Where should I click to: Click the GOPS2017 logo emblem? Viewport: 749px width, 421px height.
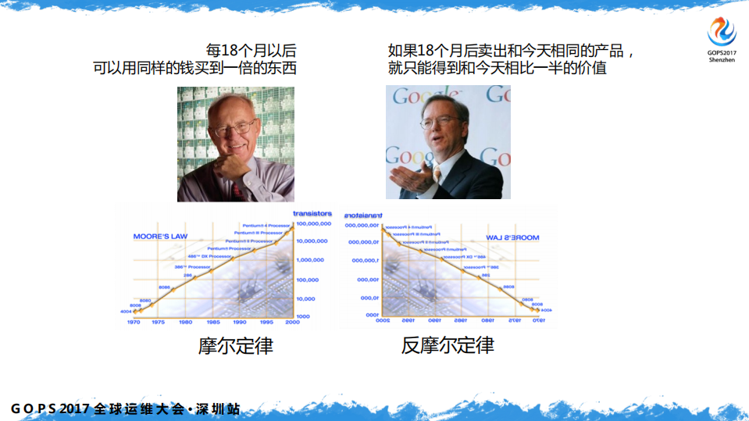pyautogui.click(x=722, y=32)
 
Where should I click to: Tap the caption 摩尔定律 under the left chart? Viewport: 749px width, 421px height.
pyautogui.click(x=235, y=344)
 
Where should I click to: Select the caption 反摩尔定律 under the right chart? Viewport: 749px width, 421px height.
pyautogui.click(x=448, y=344)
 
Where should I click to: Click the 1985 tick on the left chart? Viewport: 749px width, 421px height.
pyautogui.click(x=212, y=322)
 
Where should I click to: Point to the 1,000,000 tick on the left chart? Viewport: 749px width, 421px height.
pyautogui.click(x=312, y=260)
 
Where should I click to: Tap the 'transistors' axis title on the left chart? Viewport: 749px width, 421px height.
pyautogui.click(x=312, y=213)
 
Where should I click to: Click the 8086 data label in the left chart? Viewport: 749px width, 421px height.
pyautogui.click(x=164, y=287)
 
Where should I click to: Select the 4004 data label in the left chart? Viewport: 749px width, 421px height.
pyautogui.click(x=127, y=312)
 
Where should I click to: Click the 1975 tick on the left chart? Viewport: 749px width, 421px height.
pyautogui.click(x=158, y=322)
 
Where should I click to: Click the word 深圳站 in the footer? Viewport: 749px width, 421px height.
pyautogui.click(x=219, y=409)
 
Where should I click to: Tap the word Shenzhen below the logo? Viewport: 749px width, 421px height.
pyautogui.click(x=722, y=59)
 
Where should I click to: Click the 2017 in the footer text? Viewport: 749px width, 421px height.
pyautogui.click(x=76, y=409)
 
